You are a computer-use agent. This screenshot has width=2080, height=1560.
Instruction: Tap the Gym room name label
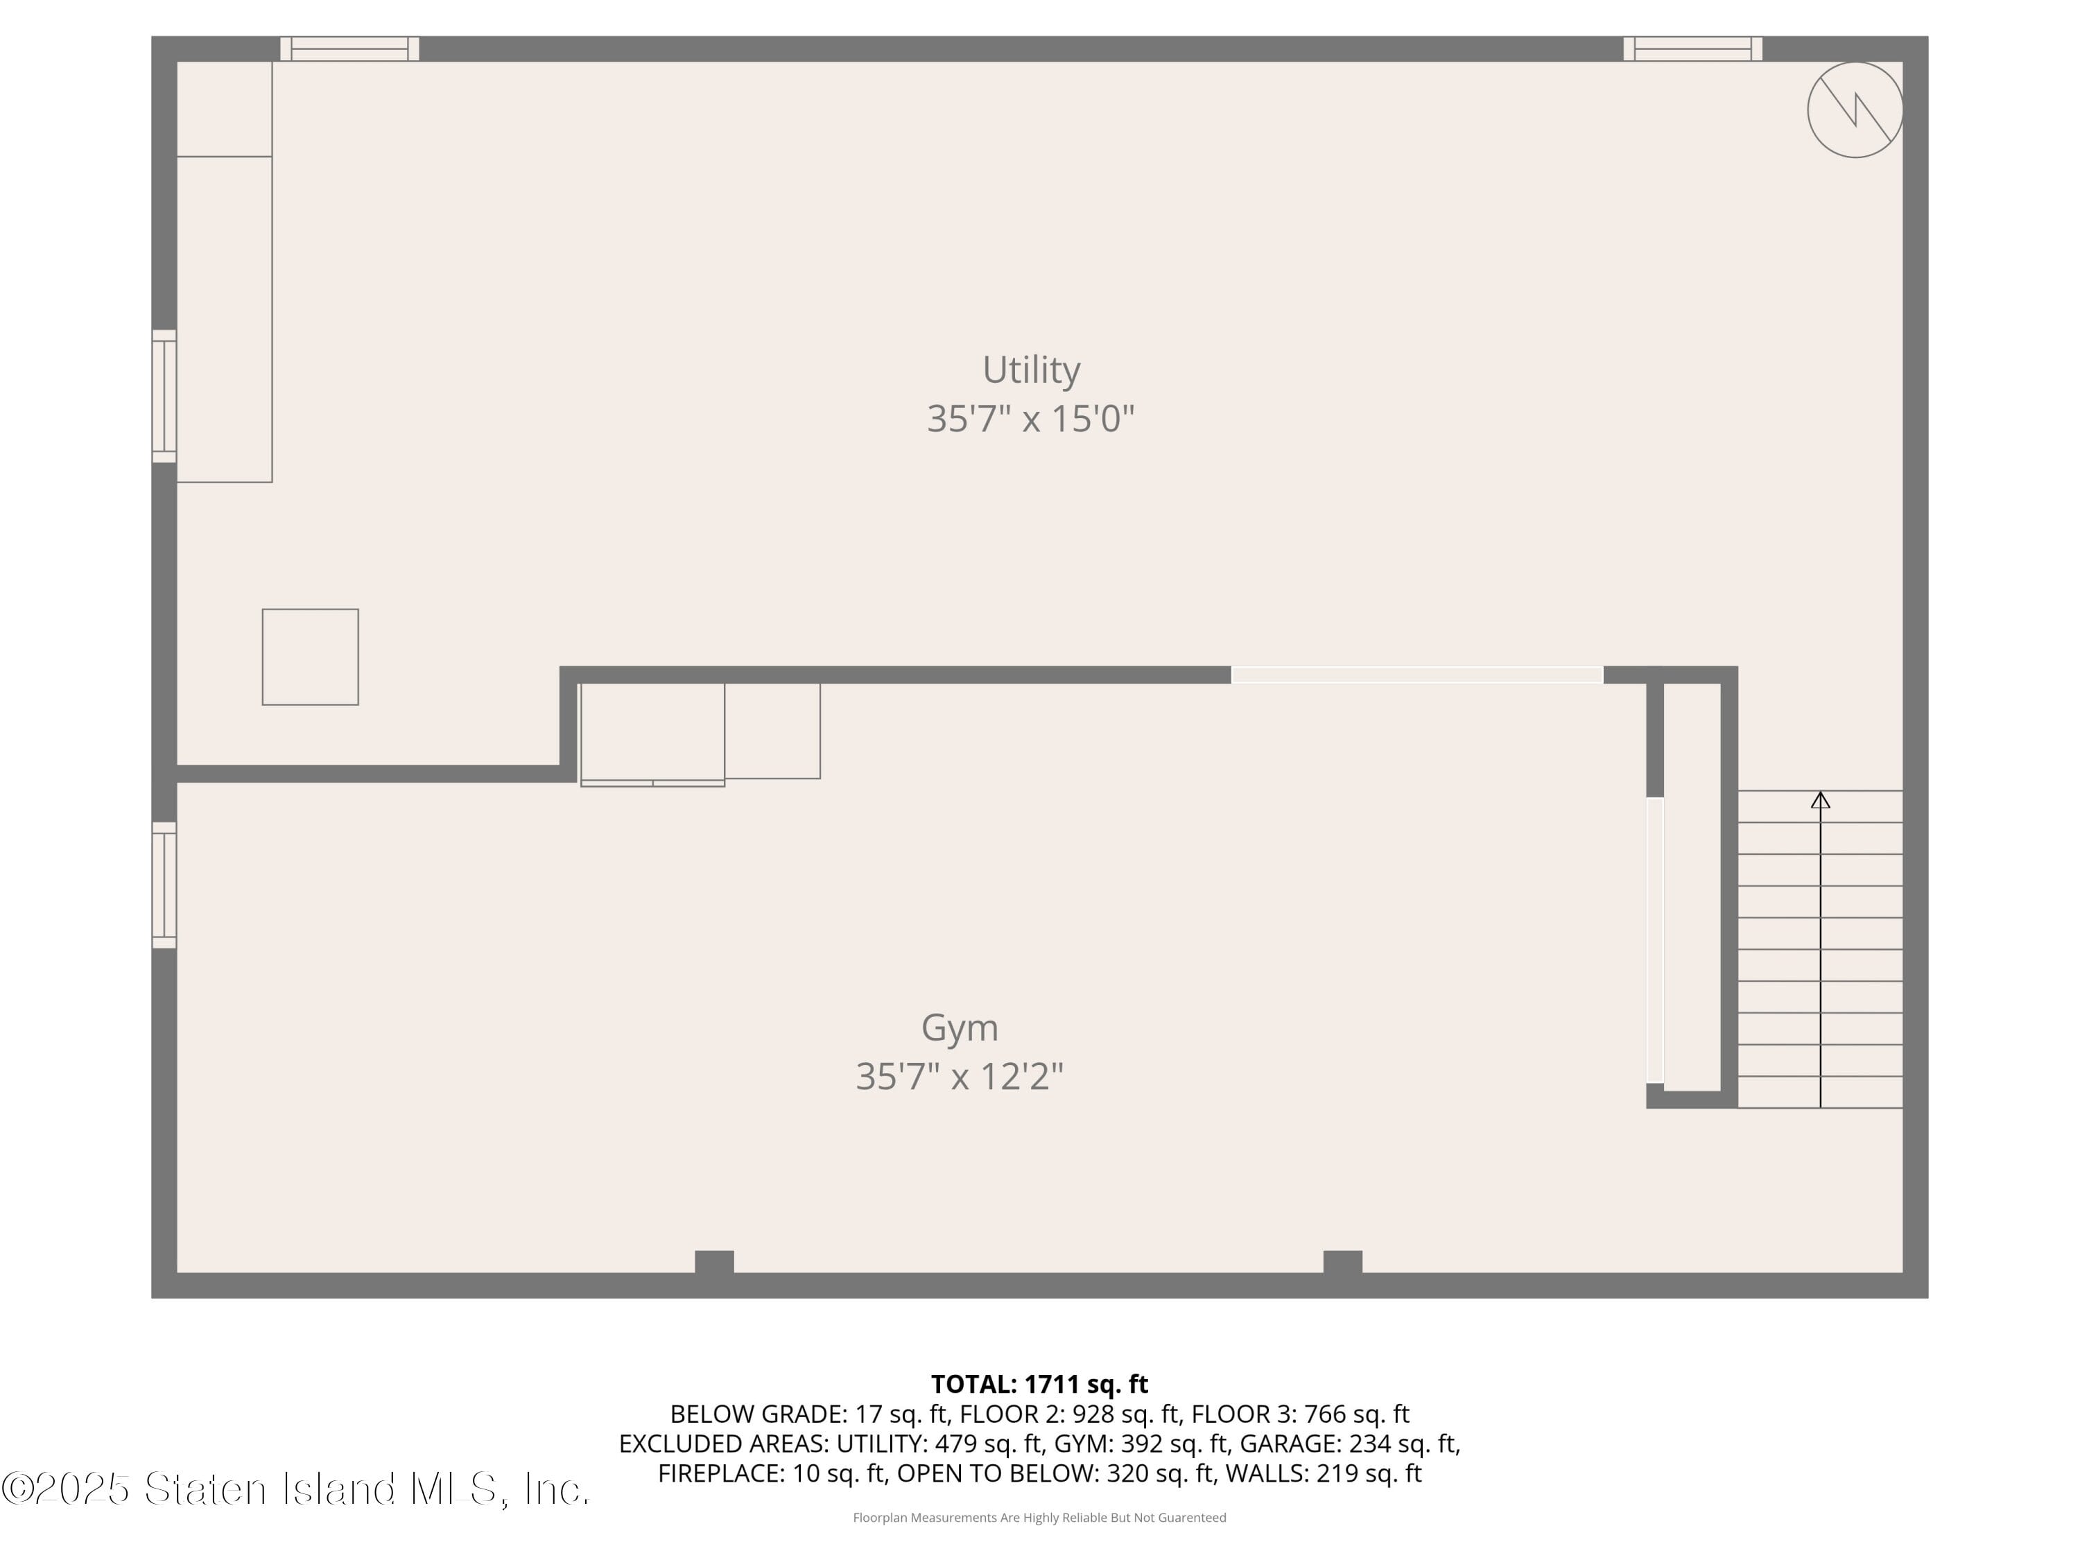pyautogui.click(x=959, y=1027)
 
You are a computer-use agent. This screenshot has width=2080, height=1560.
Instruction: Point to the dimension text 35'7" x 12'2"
pyautogui.click(x=959, y=1076)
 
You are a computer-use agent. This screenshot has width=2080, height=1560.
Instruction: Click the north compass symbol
pyautogui.click(x=1855, y=110)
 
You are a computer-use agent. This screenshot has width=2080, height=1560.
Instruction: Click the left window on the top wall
pyautogui.click(x=350, y=49)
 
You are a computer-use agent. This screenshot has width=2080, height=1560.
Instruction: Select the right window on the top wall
pyautogui.click(x=1692, y=49)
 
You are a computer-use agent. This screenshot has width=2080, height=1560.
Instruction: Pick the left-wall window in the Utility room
pyautogui.click(x=164, y=396)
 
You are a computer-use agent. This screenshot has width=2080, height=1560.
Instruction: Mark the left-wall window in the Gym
pyautogui.click(x=164, y=885)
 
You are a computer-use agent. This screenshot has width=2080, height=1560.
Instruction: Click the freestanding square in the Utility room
pyautogui.click(x=311, y=657)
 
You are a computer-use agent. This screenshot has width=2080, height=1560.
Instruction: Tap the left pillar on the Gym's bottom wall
pyautogui.click(x=715, y=1262)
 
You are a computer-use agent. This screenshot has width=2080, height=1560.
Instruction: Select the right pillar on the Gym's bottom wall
pyautogui.click(x=1343, y=1262)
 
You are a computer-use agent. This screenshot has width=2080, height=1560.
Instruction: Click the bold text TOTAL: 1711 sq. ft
pyautogui.click(x=1039, y=1384)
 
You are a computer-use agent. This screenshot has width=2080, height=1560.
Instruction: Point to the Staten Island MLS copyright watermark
pyautogui.click(x=295, y=1489)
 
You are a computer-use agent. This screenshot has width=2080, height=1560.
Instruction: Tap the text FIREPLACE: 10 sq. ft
pyautogui.click(x=771, y=1473)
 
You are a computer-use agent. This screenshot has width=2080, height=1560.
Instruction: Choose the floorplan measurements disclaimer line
pyautogui.click(x=1039, y=1518)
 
